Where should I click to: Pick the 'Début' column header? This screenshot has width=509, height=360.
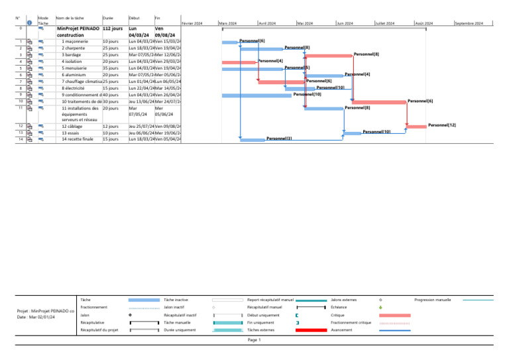[x=134, y=18]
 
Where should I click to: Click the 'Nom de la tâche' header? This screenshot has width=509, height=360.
[x=70, y=18]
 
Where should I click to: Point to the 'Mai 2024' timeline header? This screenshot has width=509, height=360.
[x=306, y=23]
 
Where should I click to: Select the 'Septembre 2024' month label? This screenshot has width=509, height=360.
[x=469, y=23]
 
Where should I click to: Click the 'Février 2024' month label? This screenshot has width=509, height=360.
[x=192, y=23]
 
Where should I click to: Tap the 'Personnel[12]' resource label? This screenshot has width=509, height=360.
[x=441, y=125]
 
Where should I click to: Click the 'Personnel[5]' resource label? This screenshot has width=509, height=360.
[x=297, y=68]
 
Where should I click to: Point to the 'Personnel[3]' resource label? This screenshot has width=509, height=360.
[x=279, y=139]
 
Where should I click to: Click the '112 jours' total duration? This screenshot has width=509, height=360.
[x=113, y=29]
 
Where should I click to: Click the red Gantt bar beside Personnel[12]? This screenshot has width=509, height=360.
[x=416, y=126]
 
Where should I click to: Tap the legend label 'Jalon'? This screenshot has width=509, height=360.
[x=85, y=315]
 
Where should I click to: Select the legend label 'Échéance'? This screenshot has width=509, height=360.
[x=339, y=308]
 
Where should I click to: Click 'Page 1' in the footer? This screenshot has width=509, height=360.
[x=254, y=339]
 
